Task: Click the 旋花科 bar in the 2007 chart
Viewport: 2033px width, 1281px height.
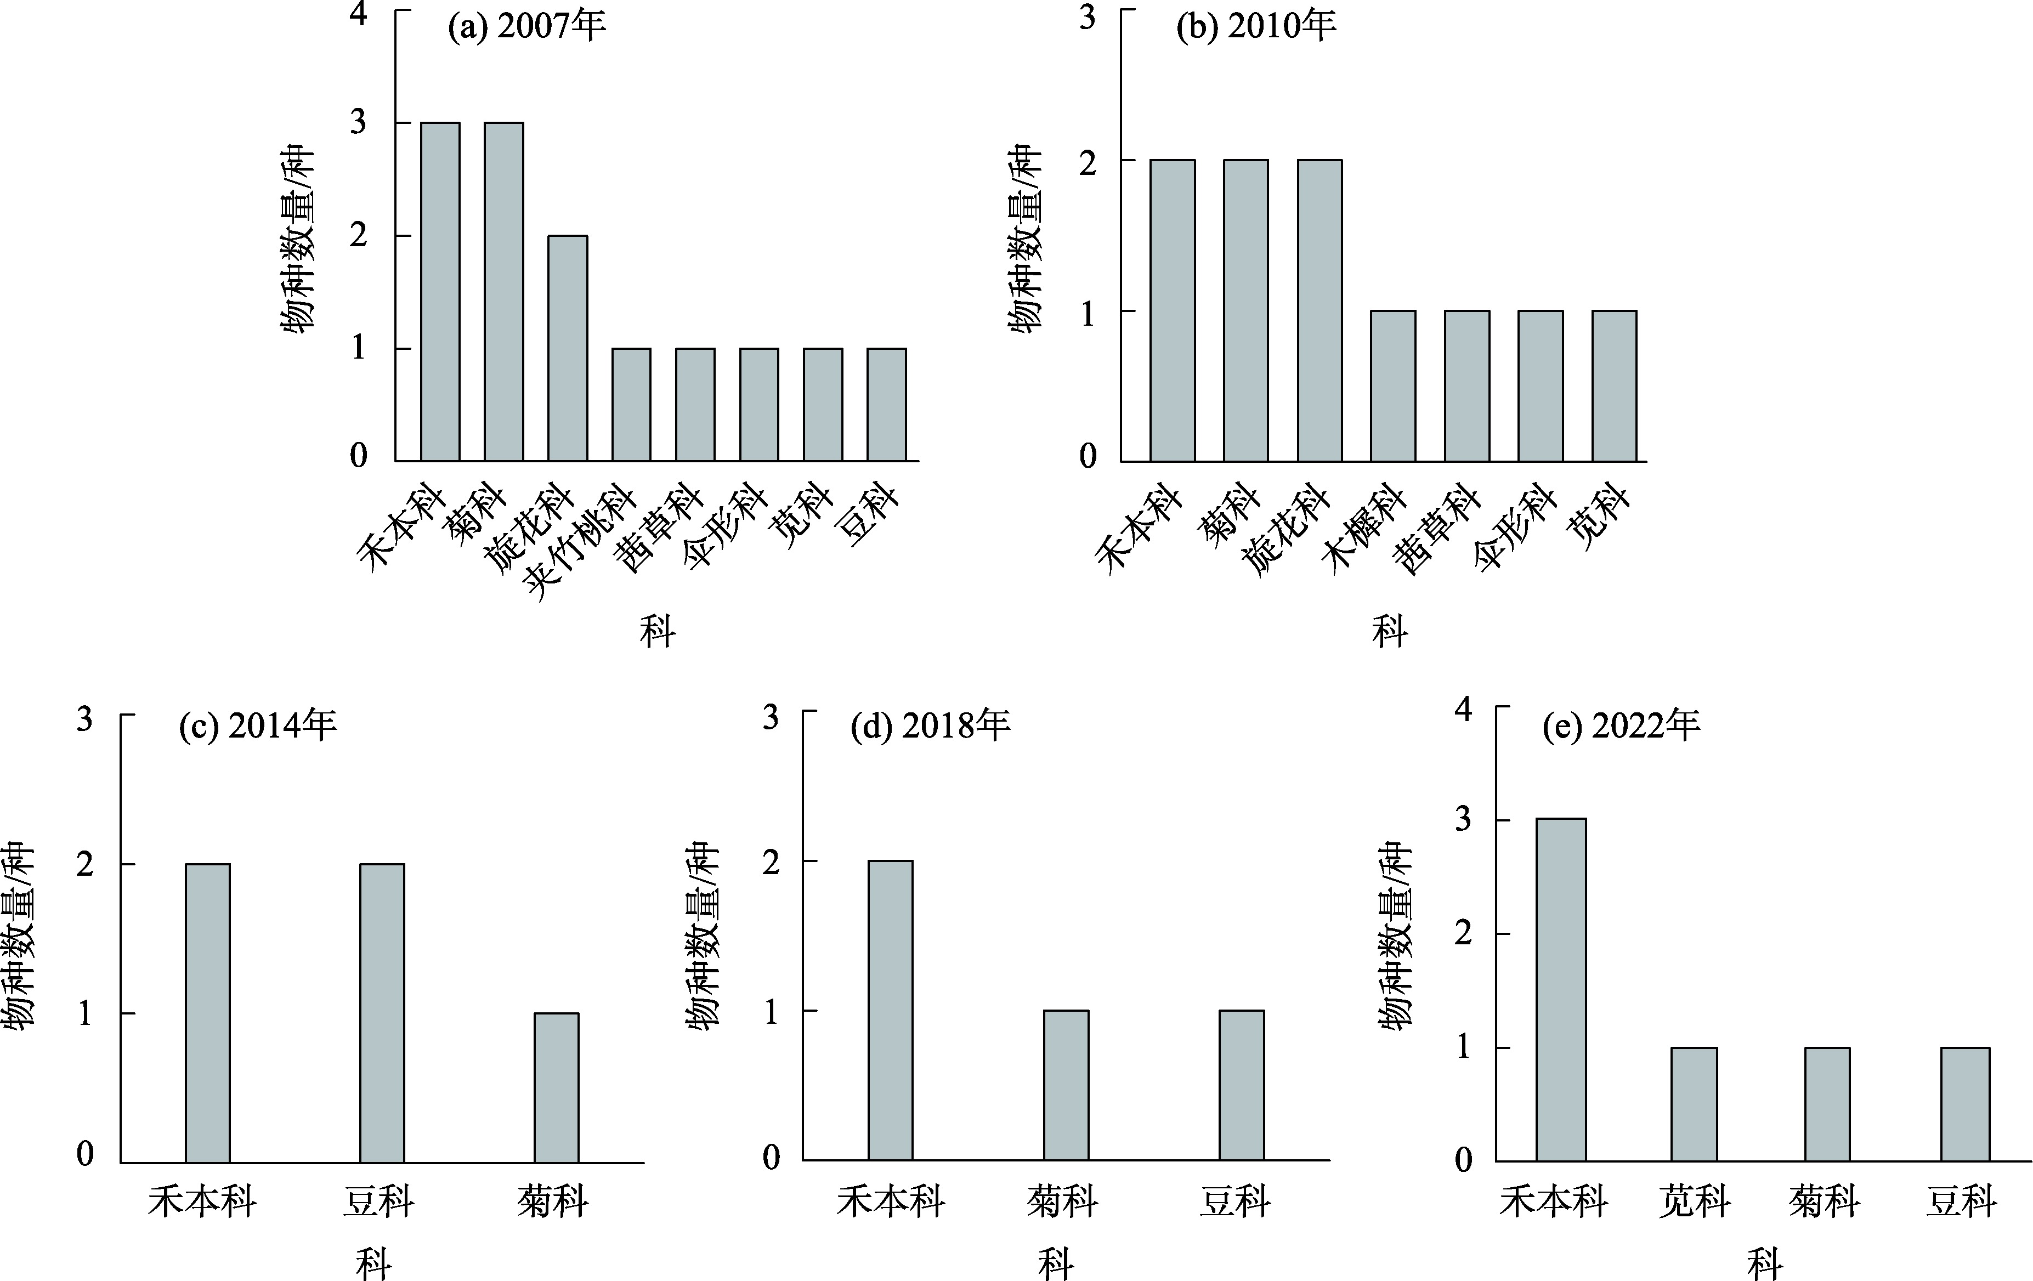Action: click(x=568, y=348)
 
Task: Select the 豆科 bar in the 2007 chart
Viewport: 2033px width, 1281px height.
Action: click(x=886, y=405)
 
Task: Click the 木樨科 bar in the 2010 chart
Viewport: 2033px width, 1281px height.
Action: click(x=1393, y=386)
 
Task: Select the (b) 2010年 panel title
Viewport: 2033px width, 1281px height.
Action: click(x=1256, y=27)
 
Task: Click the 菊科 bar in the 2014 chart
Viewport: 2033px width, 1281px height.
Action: click(x=556, y=1087)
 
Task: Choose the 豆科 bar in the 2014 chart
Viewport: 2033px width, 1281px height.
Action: click(x=382, y=1013)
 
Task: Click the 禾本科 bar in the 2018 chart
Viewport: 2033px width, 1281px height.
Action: click(x=891, y=1010)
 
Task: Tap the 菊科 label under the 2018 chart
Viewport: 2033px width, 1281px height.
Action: click(x=1063, y=1201)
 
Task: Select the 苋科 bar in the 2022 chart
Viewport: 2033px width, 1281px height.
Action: click(x=1694, y=1104)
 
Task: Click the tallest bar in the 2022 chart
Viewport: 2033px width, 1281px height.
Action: click(x=1561, y=990)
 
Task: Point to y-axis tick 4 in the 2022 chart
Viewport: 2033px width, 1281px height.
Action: click(x=1463, y=710)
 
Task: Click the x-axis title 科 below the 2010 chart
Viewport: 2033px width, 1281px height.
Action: click(x=1390, y=631)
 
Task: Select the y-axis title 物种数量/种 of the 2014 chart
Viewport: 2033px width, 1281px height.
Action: click(x=19, y=936)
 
